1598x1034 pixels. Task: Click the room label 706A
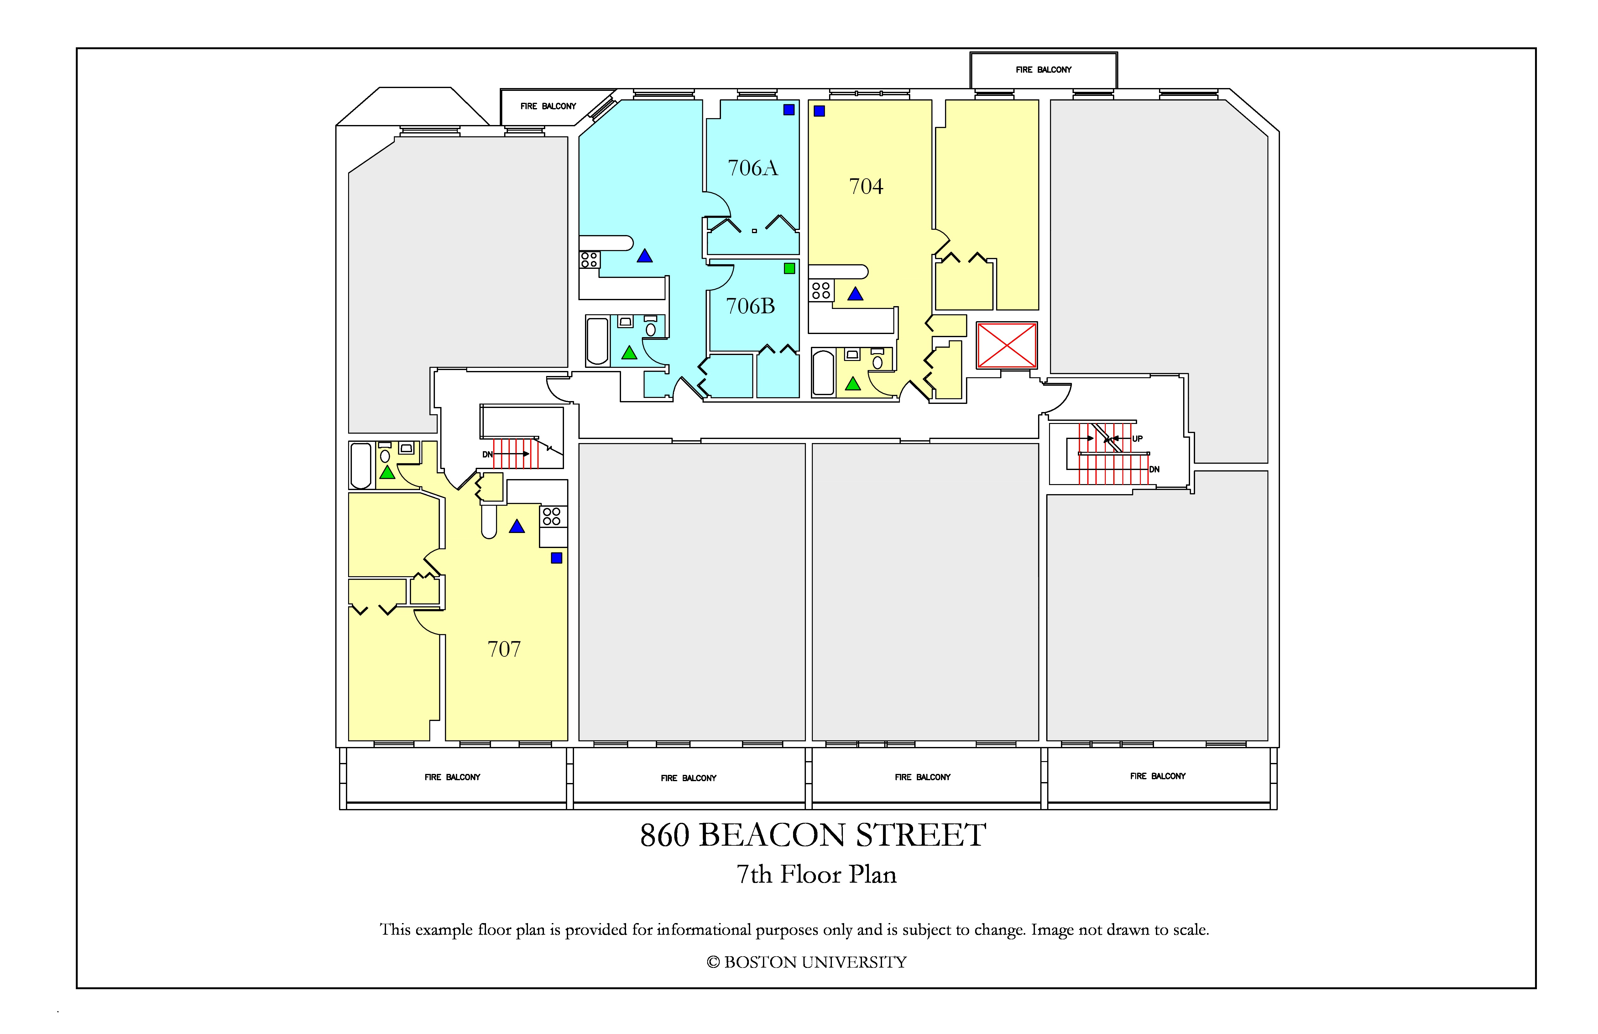point(753,168)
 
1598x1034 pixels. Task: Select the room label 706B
point(751,306)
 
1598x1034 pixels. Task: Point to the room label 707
point(504,649)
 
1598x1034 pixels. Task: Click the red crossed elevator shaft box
point(1006,345)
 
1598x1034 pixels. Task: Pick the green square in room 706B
point(790,269)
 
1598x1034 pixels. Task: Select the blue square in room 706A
point(789,109)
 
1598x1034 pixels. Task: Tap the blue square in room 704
point(819,111)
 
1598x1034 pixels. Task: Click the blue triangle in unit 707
point(516,526)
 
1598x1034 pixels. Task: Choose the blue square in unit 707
point(556,558)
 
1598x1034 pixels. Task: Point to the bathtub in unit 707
point(361,465)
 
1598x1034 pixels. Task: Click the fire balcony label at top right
point(1043,70)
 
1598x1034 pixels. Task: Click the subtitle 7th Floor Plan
point(817,874)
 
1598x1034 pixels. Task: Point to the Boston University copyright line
point(807,962)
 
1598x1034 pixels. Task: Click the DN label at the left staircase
point(488,455)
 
